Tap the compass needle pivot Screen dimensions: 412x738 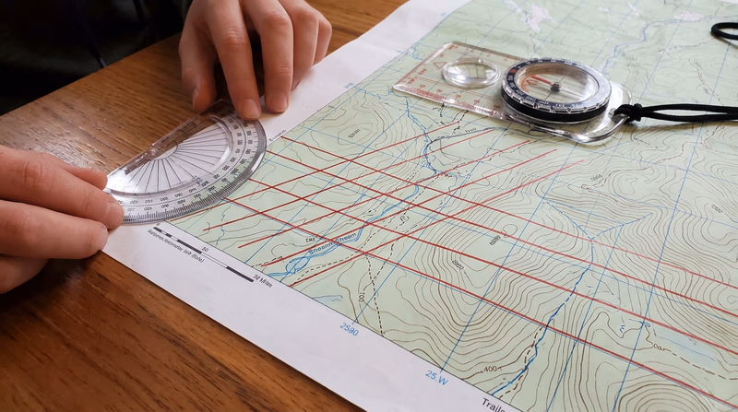(555, 88)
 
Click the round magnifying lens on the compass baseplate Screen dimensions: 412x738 (470, 73)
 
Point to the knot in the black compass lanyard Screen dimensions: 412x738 (629, 112)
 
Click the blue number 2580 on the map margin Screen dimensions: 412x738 (349, 327)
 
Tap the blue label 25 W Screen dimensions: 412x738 (436, 376)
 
